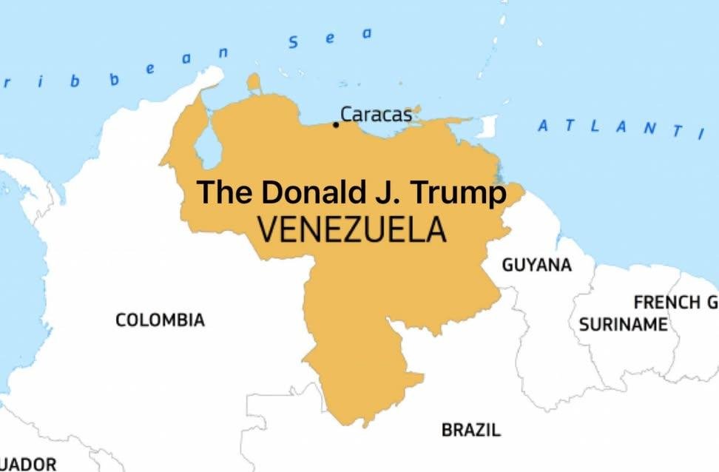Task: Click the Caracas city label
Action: click(x=376, y=115)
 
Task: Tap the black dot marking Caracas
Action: click(x=336, y=124)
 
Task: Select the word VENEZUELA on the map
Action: click(x=353, y=230)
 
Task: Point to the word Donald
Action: click(x=304, y=192)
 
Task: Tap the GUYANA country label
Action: click(x=537, y=265)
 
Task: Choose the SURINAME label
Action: click(x=624, y=325)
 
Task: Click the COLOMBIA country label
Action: click(x=160, y=320)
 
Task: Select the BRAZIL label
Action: click(x=471, y=429)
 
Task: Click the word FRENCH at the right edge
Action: click(x=666, y=302)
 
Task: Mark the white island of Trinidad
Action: click(x=486, y=127)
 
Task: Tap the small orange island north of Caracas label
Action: click(x=254, y=81)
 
